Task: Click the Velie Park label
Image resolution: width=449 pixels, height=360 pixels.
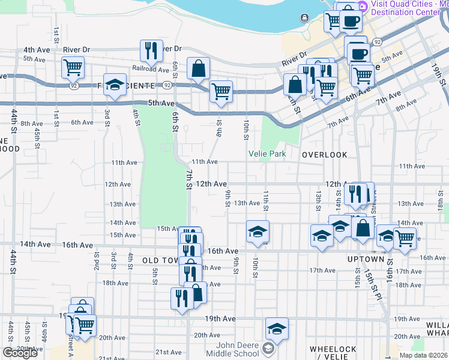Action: pyautogui.click(x=267, y=154)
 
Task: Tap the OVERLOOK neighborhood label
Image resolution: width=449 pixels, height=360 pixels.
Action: pyautogui.click(x=324, y=155)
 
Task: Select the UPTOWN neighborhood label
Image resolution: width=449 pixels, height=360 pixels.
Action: pyautogui.click(x=365, y=259)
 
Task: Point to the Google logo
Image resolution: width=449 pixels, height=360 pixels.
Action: pyautogui.click(x=20, y=353)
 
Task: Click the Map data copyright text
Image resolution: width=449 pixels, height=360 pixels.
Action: pyautogui.click(x=424, y=355)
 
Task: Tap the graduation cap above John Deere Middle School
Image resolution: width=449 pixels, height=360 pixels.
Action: pyautogui.click(x=277, y=329)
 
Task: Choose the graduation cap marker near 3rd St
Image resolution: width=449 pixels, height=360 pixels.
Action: pyautogui.click(x=114, y=85)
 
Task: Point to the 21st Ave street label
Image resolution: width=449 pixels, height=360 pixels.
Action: pyautogui.click(x=169, y=352)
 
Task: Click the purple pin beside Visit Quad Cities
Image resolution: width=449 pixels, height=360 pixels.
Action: pyautogui.click(x=362, y=6)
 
